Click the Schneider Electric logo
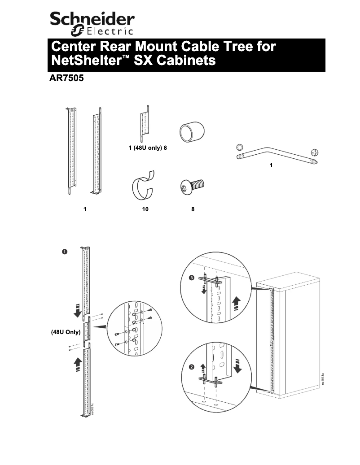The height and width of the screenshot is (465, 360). [92, 24]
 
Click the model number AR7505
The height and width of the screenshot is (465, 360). [67, 78]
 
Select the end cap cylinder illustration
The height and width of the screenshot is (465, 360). [192, 131]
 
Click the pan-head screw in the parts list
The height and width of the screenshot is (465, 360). [192, 187]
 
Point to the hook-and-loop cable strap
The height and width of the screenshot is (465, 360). [143, 185]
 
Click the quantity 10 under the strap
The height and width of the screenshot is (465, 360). [145, 209]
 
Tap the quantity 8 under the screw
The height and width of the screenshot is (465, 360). [193, 209]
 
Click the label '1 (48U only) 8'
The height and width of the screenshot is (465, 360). [148, 148]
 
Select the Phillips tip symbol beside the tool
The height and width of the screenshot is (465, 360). [315, 153]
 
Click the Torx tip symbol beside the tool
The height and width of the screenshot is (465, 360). [240, 147]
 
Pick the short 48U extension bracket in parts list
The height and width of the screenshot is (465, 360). [145, 124]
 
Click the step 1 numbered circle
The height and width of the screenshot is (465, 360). [64, 252]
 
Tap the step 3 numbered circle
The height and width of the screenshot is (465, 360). [192, 278]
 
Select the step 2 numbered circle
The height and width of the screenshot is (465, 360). [192, 367]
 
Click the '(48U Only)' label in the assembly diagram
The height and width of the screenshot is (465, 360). [66, 332]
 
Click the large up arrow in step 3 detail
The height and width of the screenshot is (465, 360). [236, 304]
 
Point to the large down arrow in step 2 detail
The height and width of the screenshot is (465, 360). [237, 366]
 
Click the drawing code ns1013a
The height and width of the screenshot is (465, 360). [323, 379]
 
